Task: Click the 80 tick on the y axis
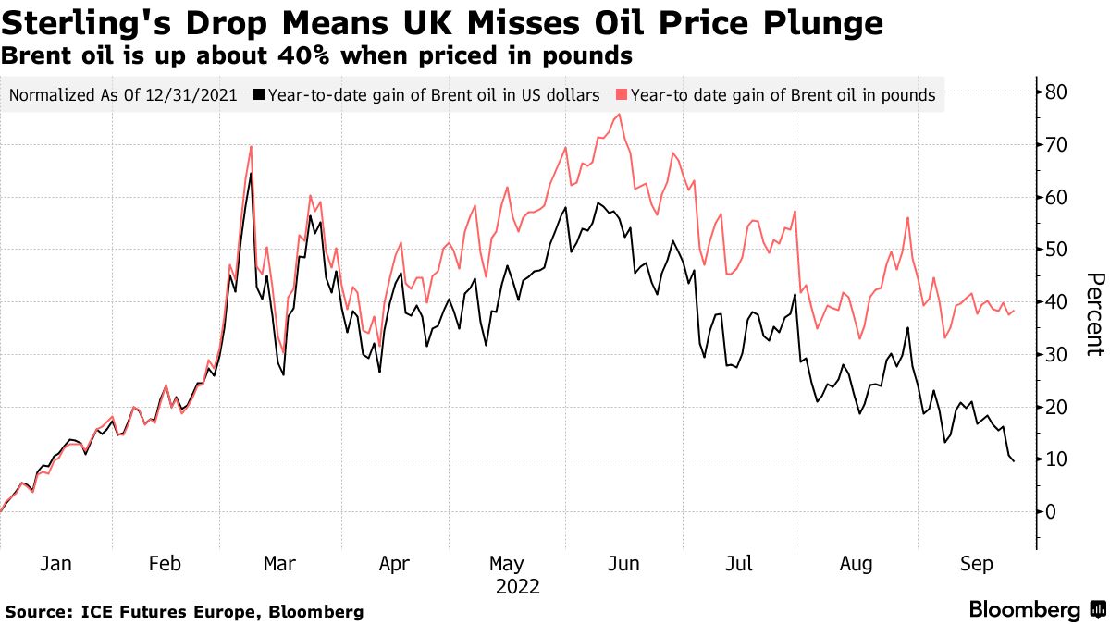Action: point(1056,92)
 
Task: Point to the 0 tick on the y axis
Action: point(1051,511)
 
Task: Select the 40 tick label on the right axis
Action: point(1056,302)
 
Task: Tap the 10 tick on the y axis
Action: point(1056,459)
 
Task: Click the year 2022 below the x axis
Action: point(518,586)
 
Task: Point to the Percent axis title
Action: point(1094,314)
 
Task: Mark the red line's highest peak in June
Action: point(618,115)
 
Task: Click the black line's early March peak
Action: point(251,173)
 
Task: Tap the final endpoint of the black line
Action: point(1014,461)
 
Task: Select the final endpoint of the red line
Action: point(1014,311)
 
